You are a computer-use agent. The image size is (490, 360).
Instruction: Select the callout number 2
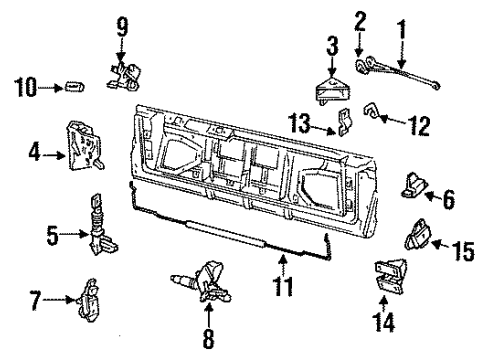coord(360,18)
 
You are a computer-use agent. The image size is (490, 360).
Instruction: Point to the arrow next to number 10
coord(50,88)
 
